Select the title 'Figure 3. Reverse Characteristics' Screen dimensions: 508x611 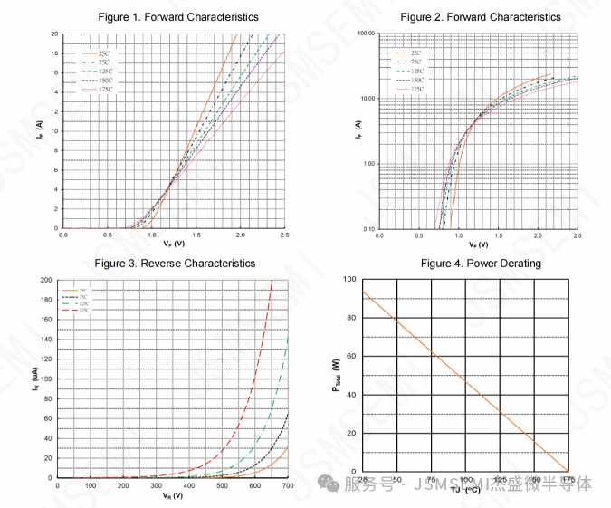coord(175,264)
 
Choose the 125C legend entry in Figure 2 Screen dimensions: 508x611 coord(416,71)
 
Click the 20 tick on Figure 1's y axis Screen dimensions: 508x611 coord(54,34)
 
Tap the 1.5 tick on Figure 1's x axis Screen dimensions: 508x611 coord(196,235)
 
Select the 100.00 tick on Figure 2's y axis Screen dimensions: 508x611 coord(365,34)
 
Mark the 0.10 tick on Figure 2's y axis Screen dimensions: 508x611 coord(368,229)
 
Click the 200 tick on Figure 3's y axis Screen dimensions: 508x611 coord(47,280)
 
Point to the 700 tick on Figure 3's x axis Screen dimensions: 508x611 coord(287,486)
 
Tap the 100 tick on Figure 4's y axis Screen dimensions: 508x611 coord(350,280)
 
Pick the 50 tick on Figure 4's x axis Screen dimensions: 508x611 coord(396,478)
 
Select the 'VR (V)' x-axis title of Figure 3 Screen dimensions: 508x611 coord(172,496)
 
